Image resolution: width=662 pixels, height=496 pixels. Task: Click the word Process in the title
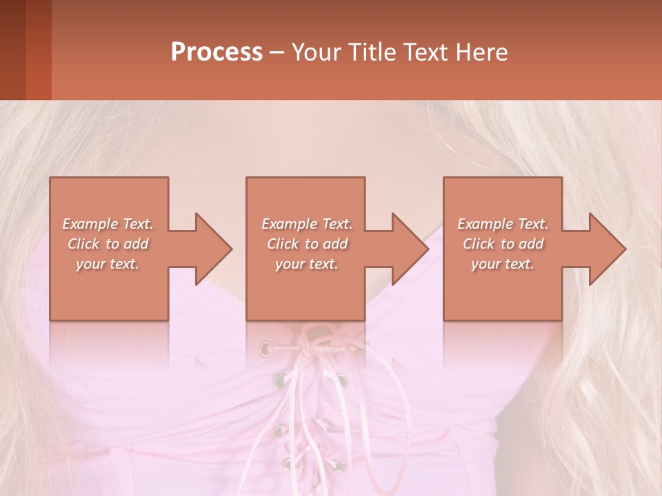217,52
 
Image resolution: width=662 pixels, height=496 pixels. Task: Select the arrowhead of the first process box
214,249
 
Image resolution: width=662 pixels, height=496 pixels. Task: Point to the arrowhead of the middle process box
410,249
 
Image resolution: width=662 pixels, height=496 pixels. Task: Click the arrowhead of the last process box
608,249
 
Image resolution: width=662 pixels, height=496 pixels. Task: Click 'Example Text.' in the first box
108,224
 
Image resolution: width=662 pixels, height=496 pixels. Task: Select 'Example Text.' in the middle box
307,224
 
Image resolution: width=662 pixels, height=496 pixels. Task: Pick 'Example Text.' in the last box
503,224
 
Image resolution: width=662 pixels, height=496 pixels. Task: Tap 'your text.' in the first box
108,264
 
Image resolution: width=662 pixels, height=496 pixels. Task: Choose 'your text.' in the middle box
307,264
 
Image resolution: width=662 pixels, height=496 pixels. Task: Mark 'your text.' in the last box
503,264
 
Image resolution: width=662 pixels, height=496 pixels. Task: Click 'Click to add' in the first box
108,244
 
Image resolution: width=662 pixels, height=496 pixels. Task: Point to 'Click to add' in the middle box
307,244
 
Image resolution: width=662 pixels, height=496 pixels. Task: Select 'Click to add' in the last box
503,244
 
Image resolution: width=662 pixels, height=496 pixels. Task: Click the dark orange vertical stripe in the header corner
38,50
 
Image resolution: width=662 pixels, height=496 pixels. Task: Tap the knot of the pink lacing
314,338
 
